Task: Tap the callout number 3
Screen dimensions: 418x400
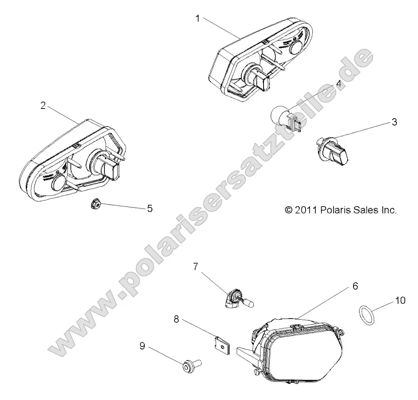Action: pyautogui.click(x=394, y=123)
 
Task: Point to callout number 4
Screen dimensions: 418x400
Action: pyautogui.click(x=351, y=84)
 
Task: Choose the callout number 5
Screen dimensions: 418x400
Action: pyautogui.click(x=149, y=208)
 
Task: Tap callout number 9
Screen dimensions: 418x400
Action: pyautogui.click(x=142, y=346)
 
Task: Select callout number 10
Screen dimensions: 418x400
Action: pyautogui.click(x=400, y=300)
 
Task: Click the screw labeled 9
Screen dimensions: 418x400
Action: pyautogui.click(x=191, y=365)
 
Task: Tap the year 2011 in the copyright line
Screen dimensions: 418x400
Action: pyautogui.click(x=305, y=210)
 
